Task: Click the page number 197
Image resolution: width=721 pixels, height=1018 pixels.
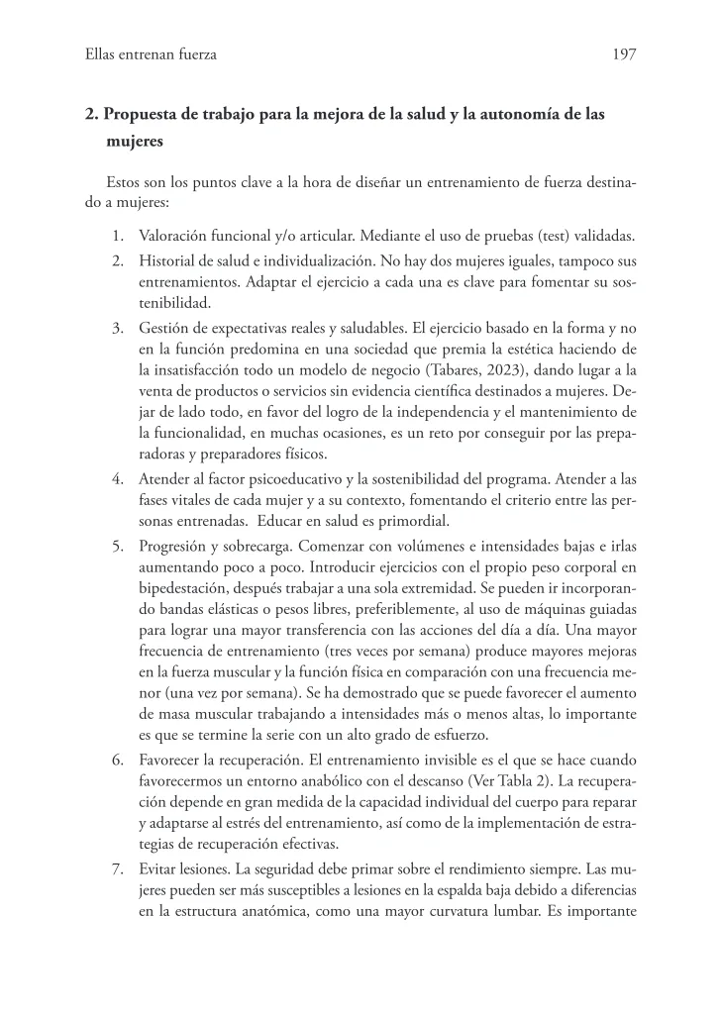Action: [x=624, y=55]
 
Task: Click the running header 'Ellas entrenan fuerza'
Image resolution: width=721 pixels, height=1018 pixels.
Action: [x=152, y=55]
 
